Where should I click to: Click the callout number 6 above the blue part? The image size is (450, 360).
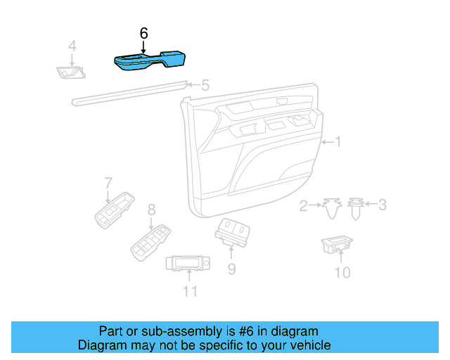point(144,33)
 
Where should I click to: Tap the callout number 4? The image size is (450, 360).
point(72,46)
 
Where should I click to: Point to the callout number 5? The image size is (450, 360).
point(205,86)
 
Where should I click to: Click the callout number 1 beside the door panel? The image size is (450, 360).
point(337,142)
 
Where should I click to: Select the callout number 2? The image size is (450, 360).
point(304,206)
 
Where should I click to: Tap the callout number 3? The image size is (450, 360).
point(382,205)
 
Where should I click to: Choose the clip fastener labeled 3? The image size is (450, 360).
point(356,206)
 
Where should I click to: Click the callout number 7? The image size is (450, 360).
point(108,183)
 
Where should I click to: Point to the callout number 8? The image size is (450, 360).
point(150,209)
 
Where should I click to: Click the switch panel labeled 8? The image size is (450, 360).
point(150,240)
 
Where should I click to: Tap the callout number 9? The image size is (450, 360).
point(231,269)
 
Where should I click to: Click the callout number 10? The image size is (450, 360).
point(342,271)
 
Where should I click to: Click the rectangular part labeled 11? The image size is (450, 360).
point(188,264)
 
